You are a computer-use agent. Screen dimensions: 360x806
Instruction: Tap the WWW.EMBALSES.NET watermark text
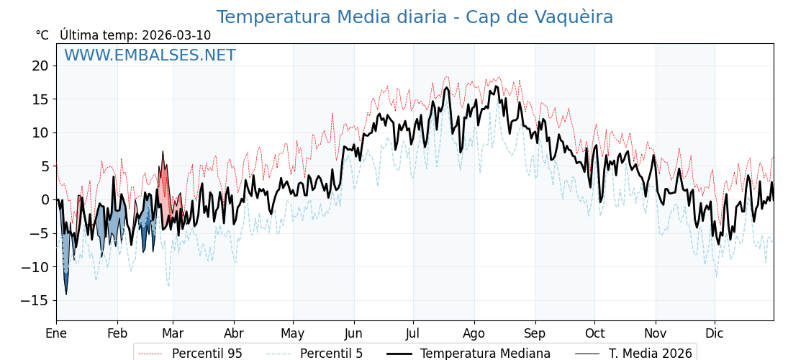(150, 55)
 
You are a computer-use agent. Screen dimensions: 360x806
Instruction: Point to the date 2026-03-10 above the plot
(176, 35)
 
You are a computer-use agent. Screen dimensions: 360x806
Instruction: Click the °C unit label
(42, 35)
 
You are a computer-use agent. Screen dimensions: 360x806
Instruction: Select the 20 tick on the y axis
(40, 66)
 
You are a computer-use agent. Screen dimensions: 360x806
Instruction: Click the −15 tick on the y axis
(37, 300)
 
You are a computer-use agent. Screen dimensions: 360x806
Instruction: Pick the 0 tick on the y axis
(45, 199)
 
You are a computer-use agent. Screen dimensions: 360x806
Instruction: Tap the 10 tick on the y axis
(40, 132)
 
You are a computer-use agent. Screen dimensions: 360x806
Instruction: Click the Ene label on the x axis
(56, 333)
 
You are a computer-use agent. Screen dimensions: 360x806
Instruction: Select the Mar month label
(173, 333)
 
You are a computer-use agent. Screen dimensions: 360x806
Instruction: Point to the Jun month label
(353, 333)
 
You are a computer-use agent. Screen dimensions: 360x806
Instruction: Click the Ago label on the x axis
(474, 333)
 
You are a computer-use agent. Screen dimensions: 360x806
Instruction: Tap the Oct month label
(594, 333)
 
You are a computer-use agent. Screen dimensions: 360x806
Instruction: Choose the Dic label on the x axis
(715, 333)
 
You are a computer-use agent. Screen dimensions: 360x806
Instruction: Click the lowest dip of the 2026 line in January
(66, 294)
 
